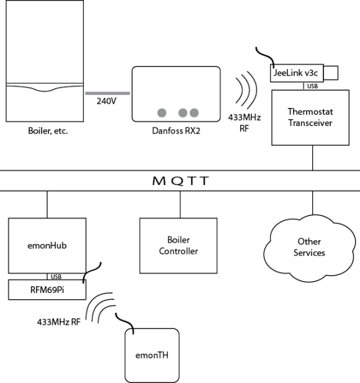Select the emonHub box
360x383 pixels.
click(47, 245)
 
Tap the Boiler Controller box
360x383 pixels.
click(180, 245)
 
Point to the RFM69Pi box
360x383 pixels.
click(47, 289)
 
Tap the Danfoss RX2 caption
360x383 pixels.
click(176, 131)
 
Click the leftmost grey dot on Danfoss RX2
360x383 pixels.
click(161, 112)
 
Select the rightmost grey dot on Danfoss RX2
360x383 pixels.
click(194, 112)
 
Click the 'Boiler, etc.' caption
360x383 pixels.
click(45, 131)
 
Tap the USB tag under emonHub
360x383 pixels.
click(56, 276)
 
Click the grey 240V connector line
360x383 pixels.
click(107, 93)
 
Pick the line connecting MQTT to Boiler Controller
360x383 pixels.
click(180, 204)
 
